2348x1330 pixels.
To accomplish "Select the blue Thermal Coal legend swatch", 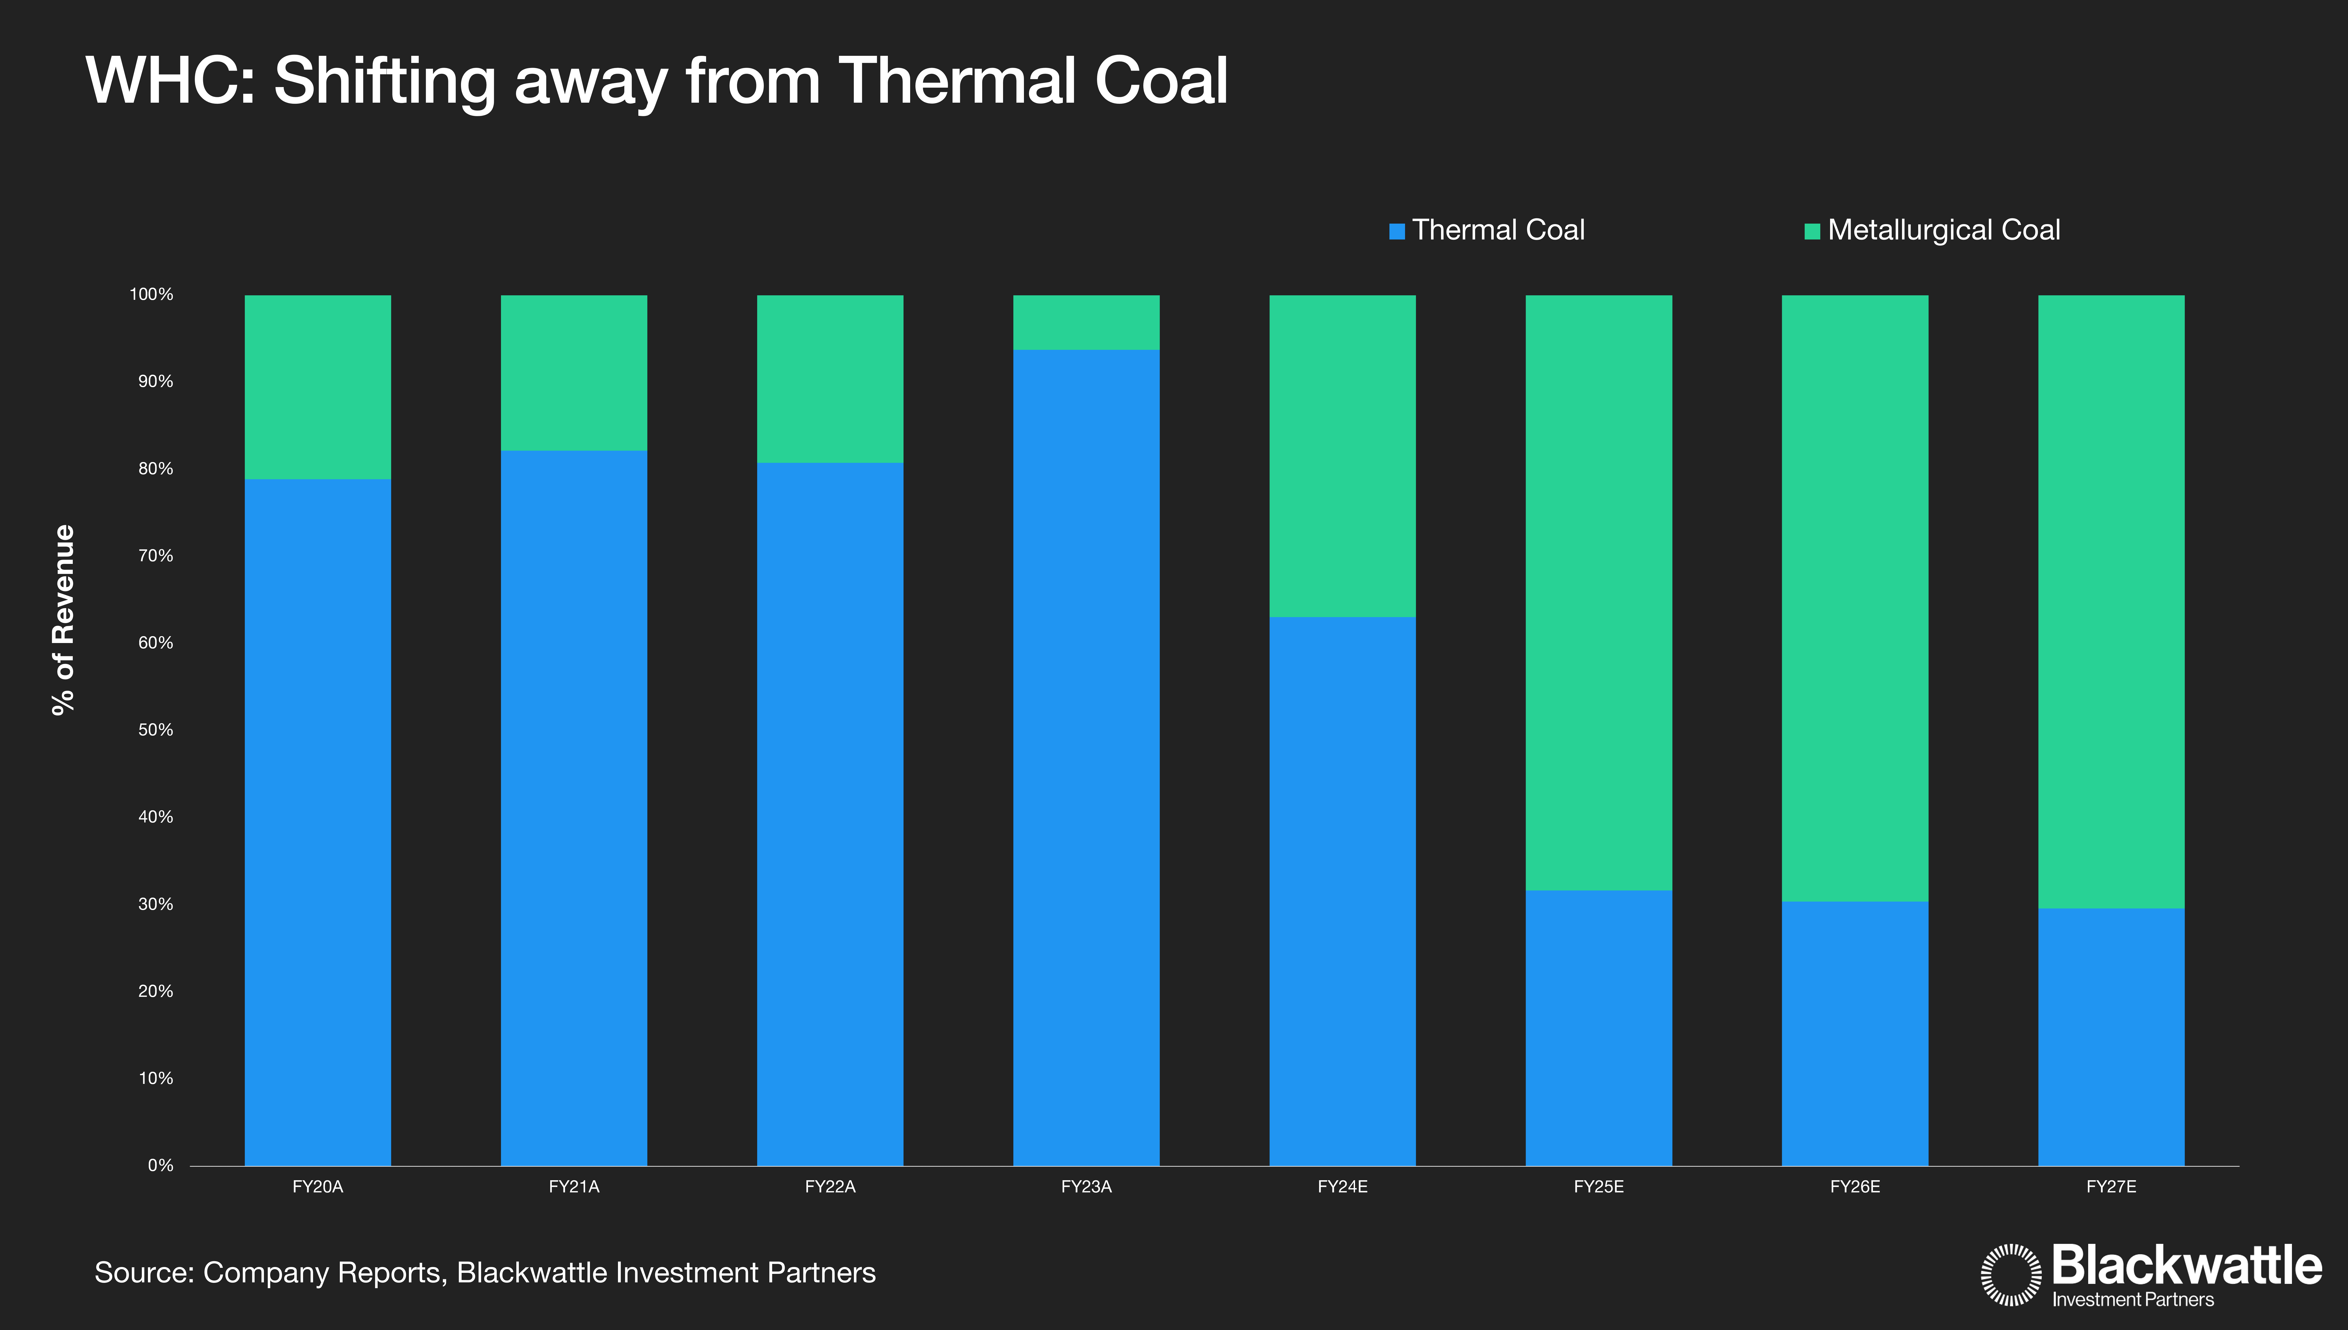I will tap(1396, 231).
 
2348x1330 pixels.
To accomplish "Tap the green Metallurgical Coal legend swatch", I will tap(1812, 231).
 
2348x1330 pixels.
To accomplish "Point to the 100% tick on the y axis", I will tap(152, 294).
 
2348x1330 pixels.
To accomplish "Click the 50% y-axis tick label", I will tap(155, 730).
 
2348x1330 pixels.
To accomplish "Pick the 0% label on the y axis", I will tap(161, 1166).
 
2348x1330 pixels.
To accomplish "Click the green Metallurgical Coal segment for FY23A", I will tap(1086, 322).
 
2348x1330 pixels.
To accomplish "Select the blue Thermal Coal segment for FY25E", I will tap(1598, 1028).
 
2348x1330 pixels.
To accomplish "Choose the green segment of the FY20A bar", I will tap(318, 386).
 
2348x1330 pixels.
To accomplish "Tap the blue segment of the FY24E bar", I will tap(1343, 891).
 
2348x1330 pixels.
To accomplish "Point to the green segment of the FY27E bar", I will tap(2111, 601).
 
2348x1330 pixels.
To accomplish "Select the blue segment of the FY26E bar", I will tap(1855, 1033).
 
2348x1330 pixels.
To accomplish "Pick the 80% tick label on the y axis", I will tap(155, 469).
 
